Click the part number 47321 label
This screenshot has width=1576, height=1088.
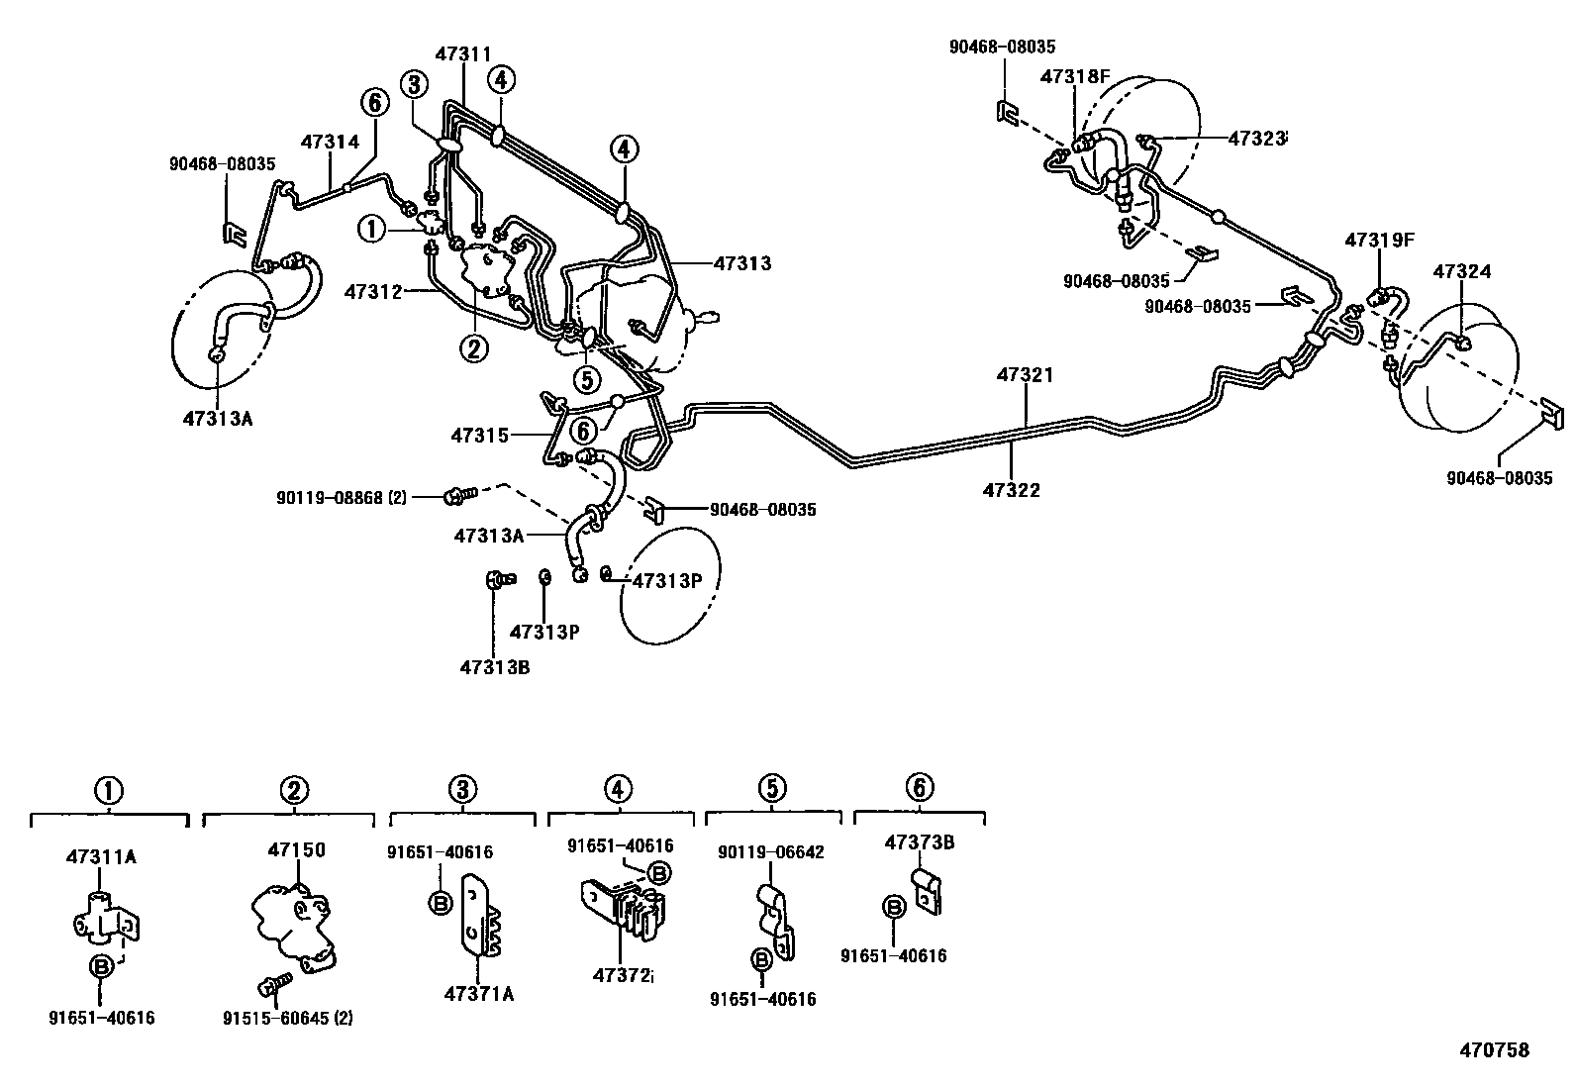click(1025, 376)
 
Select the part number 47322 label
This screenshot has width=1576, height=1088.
click(1012, 489)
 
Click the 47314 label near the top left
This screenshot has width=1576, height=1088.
click(330, 142)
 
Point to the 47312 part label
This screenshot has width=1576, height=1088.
click(373, 292)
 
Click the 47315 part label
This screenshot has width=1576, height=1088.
click(479, 435)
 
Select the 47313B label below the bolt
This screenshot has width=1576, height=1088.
click(494, 667)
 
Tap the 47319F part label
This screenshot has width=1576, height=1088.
click(1379, 240)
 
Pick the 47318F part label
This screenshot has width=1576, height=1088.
click(1075, 76)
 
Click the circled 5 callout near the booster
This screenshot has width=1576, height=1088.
click(586, 379)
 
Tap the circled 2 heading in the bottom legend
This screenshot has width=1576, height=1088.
click(293, 790)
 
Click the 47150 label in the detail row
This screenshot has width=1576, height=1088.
click(295, 849)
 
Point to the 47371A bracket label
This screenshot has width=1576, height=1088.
click(479, 994)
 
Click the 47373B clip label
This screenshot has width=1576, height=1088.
click(919, 842)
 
